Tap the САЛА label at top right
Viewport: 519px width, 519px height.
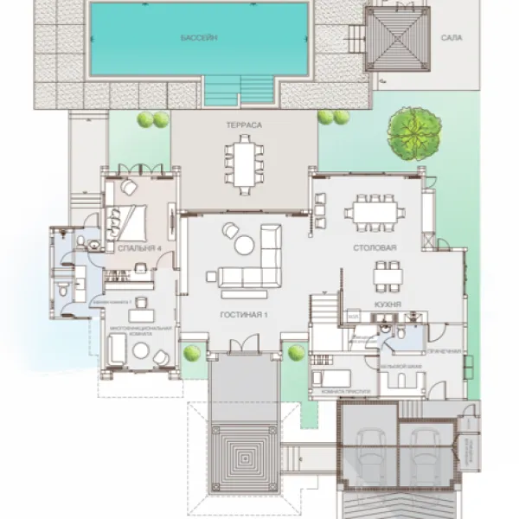pos(452,39)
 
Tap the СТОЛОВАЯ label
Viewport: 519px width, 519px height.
pos(375,247)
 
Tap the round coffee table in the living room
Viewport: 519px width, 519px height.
pos(245,246)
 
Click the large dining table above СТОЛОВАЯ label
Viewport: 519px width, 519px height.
pos(374,210)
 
